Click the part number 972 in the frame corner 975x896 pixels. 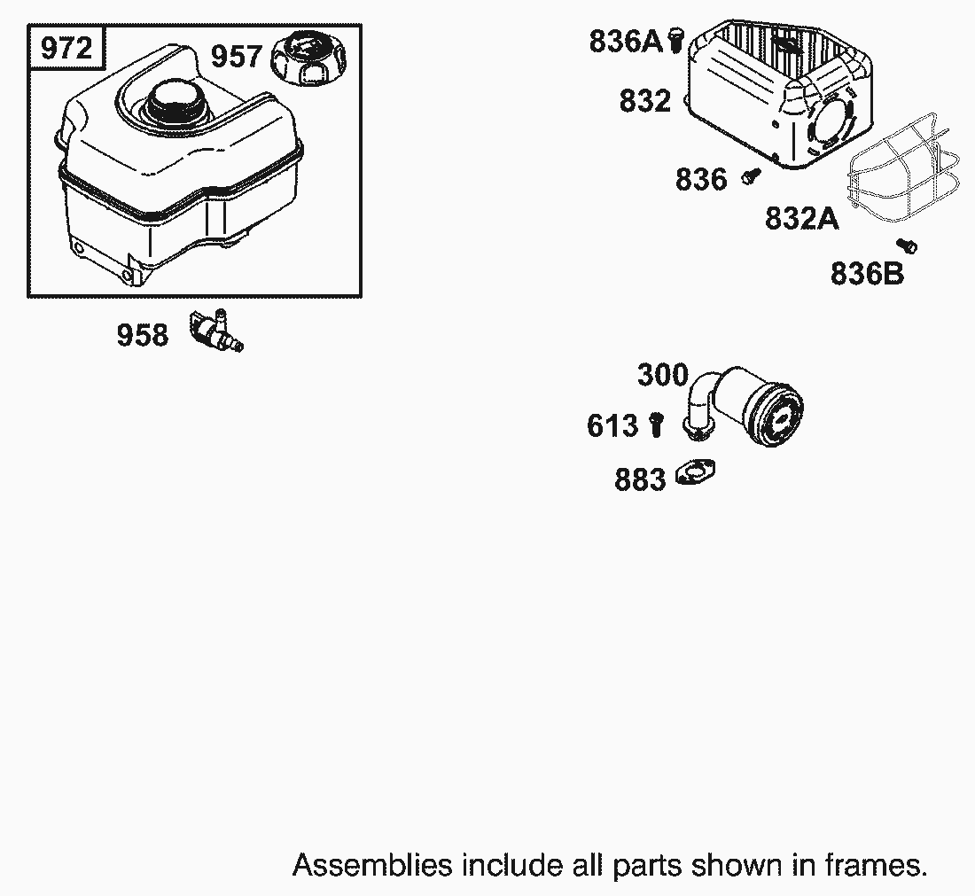[66, 48]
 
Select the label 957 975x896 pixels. [237, 56]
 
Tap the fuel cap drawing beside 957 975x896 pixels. [308, 58]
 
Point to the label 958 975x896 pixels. [143, 334]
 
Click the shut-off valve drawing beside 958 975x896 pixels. [216, 331]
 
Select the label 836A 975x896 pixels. [626, 41]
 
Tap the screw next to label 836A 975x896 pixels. [676, 40]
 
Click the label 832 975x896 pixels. [644, 101]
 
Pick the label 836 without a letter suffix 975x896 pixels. [701, 179]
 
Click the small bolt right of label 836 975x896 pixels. [751, 175]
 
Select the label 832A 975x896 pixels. [801, 218]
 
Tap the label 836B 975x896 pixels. [867, 274]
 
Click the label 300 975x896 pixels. [663, 375]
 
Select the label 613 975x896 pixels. [612, 426]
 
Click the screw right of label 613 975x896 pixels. [657, 425]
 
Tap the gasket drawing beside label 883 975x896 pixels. [695, 472]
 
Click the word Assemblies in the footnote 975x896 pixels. [372, 865]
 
